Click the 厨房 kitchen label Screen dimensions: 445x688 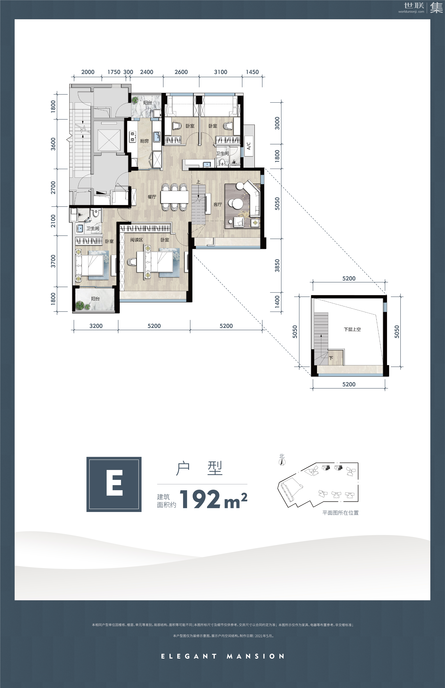tap(144, 141)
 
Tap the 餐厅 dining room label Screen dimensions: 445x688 tap(152, 197)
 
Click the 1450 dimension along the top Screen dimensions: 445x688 tap(252, 72)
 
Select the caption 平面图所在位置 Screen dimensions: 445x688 tap(340, 513)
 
